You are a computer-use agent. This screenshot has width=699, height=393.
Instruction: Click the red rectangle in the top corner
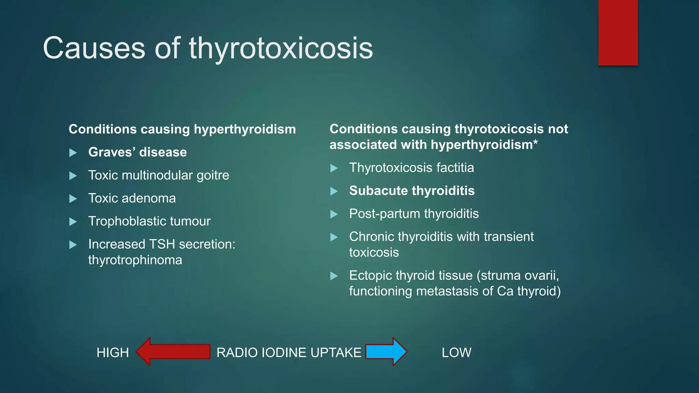pyautogui.click(x=618, y=32)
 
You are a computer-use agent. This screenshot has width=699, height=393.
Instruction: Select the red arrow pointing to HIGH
pyautogui.click(x=173, y=352)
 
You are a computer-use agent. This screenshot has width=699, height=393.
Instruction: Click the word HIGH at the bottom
pyautogui.click(x=113, y=352)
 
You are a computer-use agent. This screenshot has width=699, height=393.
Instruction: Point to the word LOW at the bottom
pyautogui.click(x=456, y=352)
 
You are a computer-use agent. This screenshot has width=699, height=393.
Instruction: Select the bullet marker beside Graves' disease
pyautogui.click(x=73, y=152)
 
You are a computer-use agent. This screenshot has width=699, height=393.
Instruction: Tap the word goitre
pyautogui.click(x=213, y=175)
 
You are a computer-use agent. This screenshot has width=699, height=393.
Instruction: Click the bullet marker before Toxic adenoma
pyautogui.click(x=73, y=199)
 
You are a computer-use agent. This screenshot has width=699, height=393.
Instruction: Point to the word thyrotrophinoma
pyautogui.click(x=135, y=260)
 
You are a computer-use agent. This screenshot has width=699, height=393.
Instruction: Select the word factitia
pyautogui.click(x=455, y=168)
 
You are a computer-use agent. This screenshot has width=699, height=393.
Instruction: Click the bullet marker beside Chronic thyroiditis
pyautogui.click(x=334, y=237)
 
